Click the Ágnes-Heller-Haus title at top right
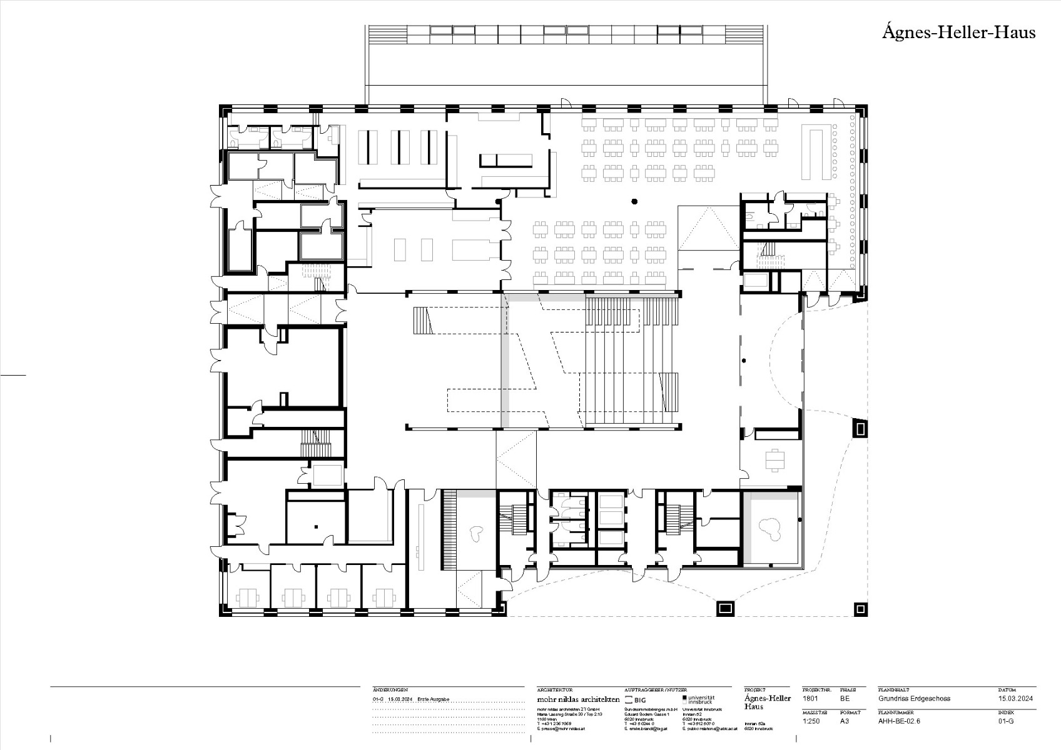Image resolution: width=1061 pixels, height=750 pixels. point(958,32)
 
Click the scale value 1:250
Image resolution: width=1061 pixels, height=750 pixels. point(811,721)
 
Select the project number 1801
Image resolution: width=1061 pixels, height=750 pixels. point(810,698)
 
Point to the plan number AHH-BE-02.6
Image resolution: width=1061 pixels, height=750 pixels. point(899,721)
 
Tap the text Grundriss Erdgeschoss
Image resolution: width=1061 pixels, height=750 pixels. point(914,698)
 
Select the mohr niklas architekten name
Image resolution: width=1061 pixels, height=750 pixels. point(578,699)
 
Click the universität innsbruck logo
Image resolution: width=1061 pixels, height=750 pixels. point(698,699)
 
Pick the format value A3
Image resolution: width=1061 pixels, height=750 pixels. point(845,721)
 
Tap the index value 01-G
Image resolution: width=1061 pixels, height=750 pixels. point(1006,721)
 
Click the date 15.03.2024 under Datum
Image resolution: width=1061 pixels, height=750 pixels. point(1015,698)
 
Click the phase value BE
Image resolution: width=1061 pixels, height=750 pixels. point(845,698)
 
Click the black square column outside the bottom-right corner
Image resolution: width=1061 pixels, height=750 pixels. point(861,608)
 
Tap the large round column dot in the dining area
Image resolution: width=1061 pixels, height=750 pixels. point(634,201)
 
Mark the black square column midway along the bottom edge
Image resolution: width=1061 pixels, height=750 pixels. point(724,607)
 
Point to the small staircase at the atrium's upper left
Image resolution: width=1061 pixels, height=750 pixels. point(422,320)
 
